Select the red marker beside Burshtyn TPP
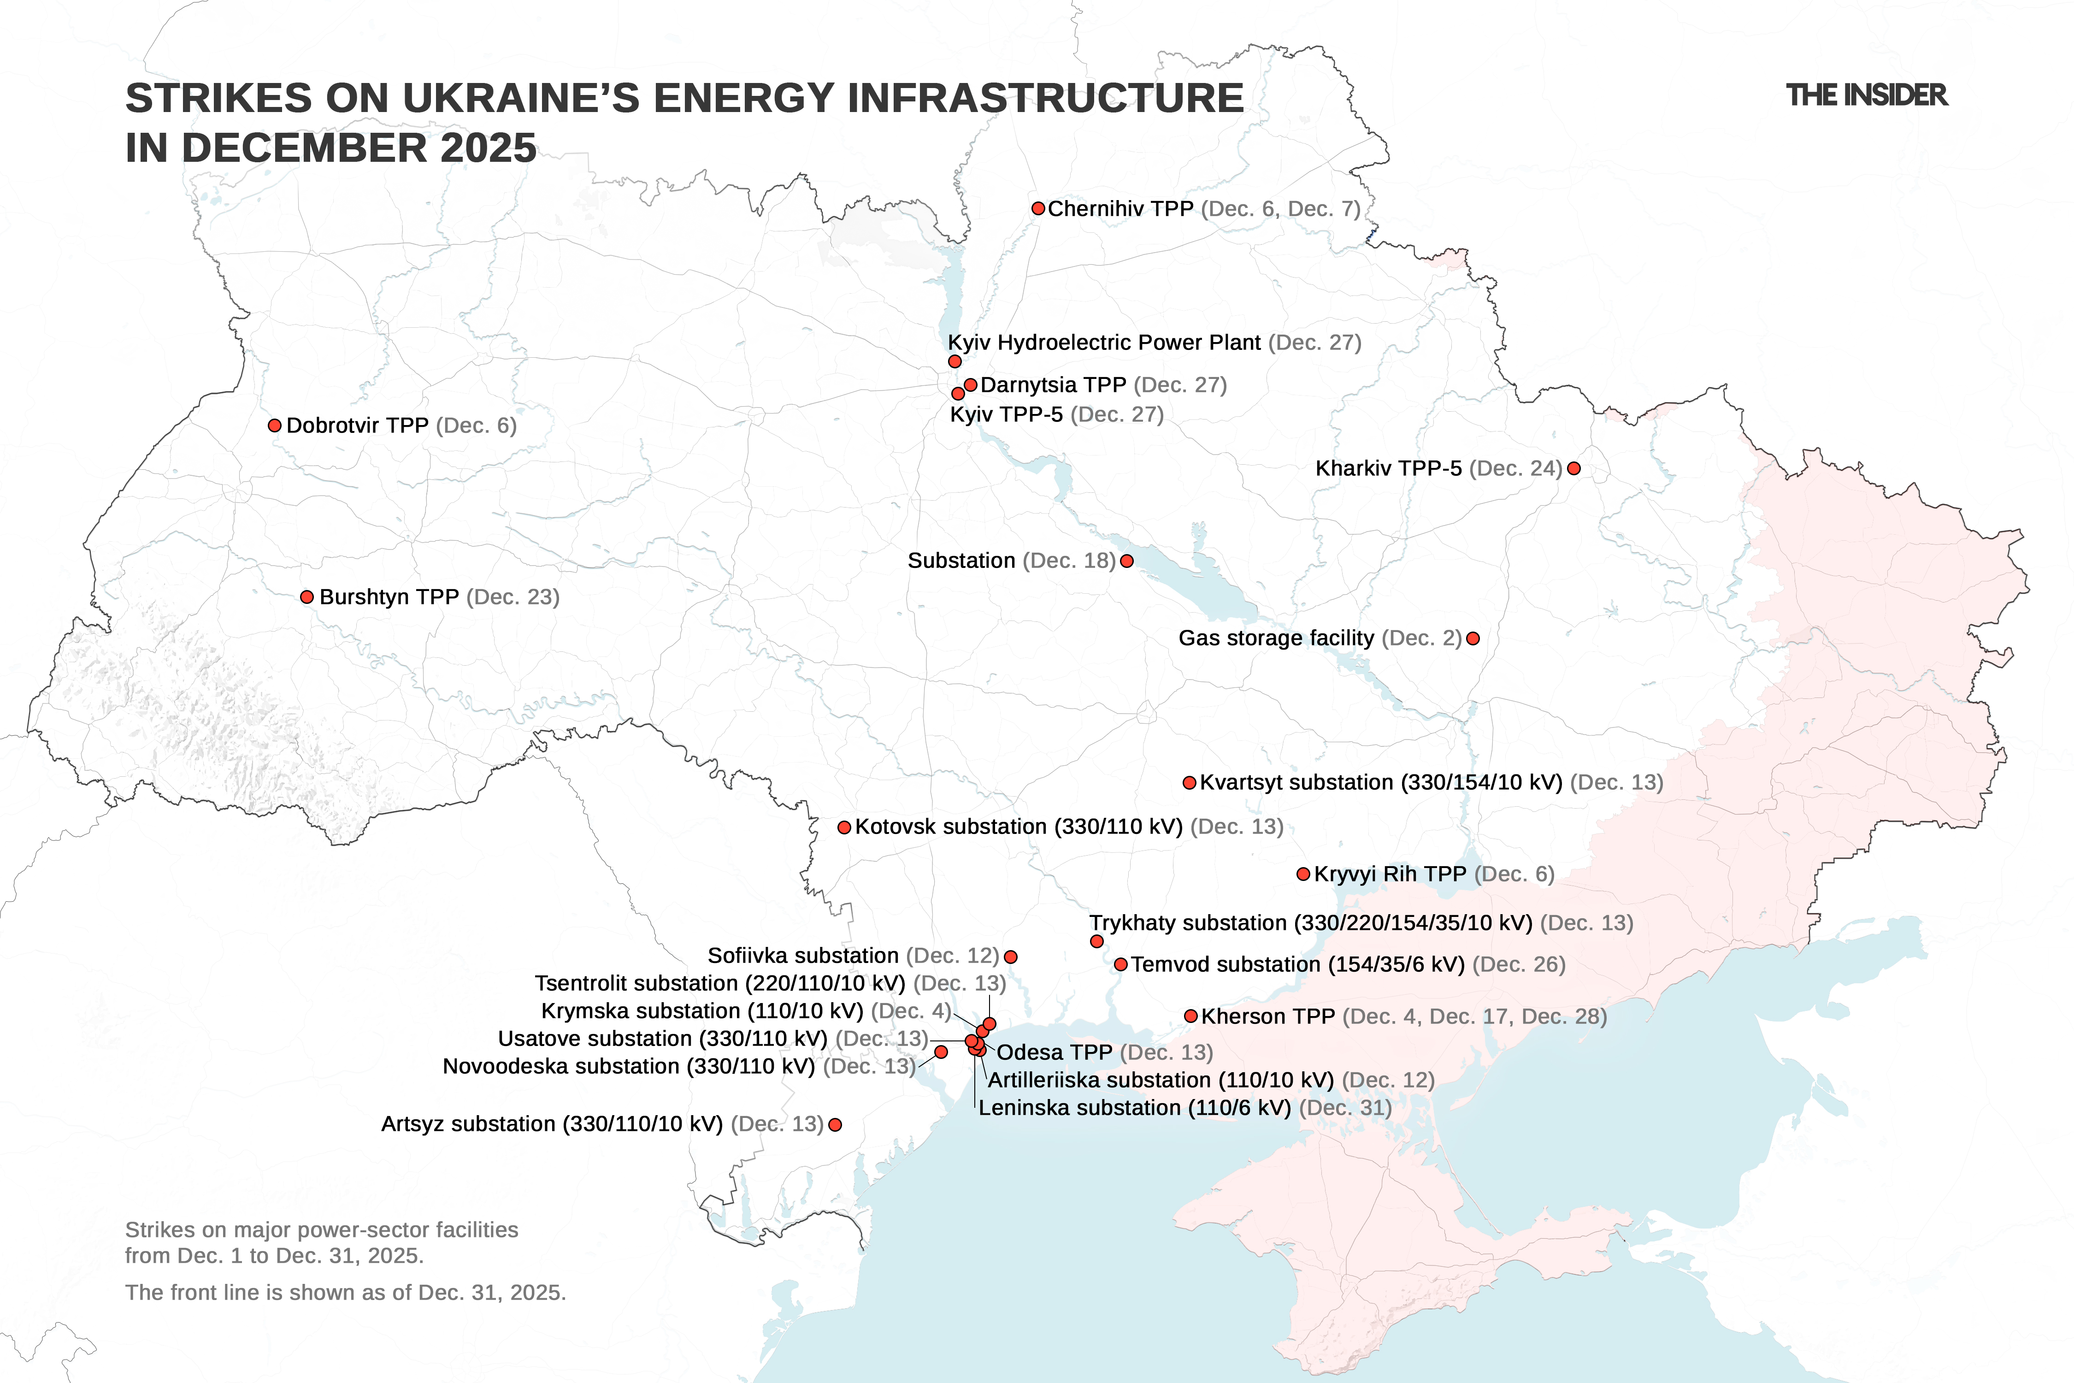pos(307,597)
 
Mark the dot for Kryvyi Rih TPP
pos(1303,874)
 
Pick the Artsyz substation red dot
pos(835,1124)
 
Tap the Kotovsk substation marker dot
pos(844,827)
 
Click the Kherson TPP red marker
pos(1190,1016)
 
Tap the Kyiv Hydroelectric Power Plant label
pos(1104,342)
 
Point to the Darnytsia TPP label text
pos(1053,384)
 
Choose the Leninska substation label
pos(1134,1108)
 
